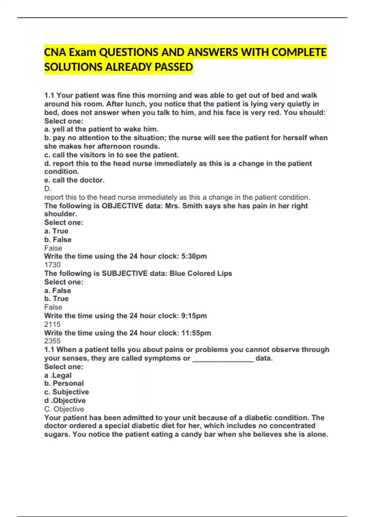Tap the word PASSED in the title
(174, 67)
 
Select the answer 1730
(52, 265)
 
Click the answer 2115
(52, 324)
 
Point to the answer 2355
(52, 341)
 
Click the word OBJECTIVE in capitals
(122, 206)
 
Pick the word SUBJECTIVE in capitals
(125, 273)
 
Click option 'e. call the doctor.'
(74, 180)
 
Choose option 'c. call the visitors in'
(111, 155)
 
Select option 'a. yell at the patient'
(101, 129)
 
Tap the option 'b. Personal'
(64, 383)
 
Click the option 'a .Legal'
(58, 376)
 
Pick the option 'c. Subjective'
(67, 392)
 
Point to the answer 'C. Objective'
(64, 409)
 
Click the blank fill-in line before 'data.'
(223, 359)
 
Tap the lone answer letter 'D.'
(48, 189)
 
